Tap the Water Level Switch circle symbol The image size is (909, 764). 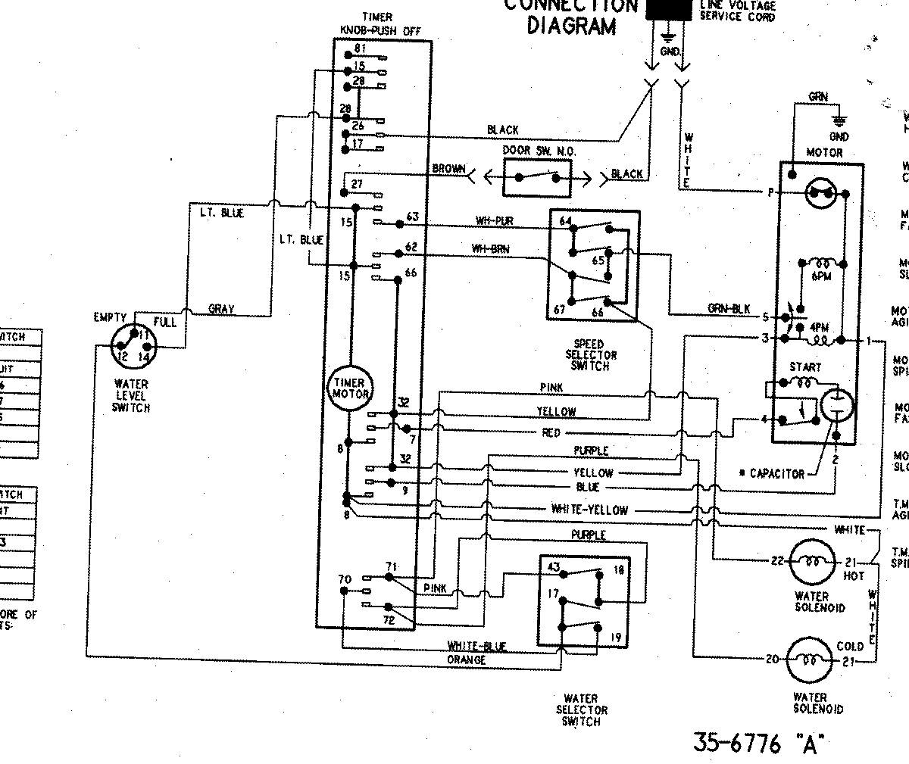coord(133,349)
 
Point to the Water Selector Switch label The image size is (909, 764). coord(581,709)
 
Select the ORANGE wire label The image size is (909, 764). coord(467,660)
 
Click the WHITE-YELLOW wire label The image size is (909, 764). coord(589,510)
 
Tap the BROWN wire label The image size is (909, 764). coord(448,168)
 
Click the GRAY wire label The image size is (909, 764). coord(220,309)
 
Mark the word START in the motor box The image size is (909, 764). coord(804,367)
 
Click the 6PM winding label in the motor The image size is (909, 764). coord(820,277)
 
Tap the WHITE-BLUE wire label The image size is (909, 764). coord(477,646)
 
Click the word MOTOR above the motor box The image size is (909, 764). coord(824,153)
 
